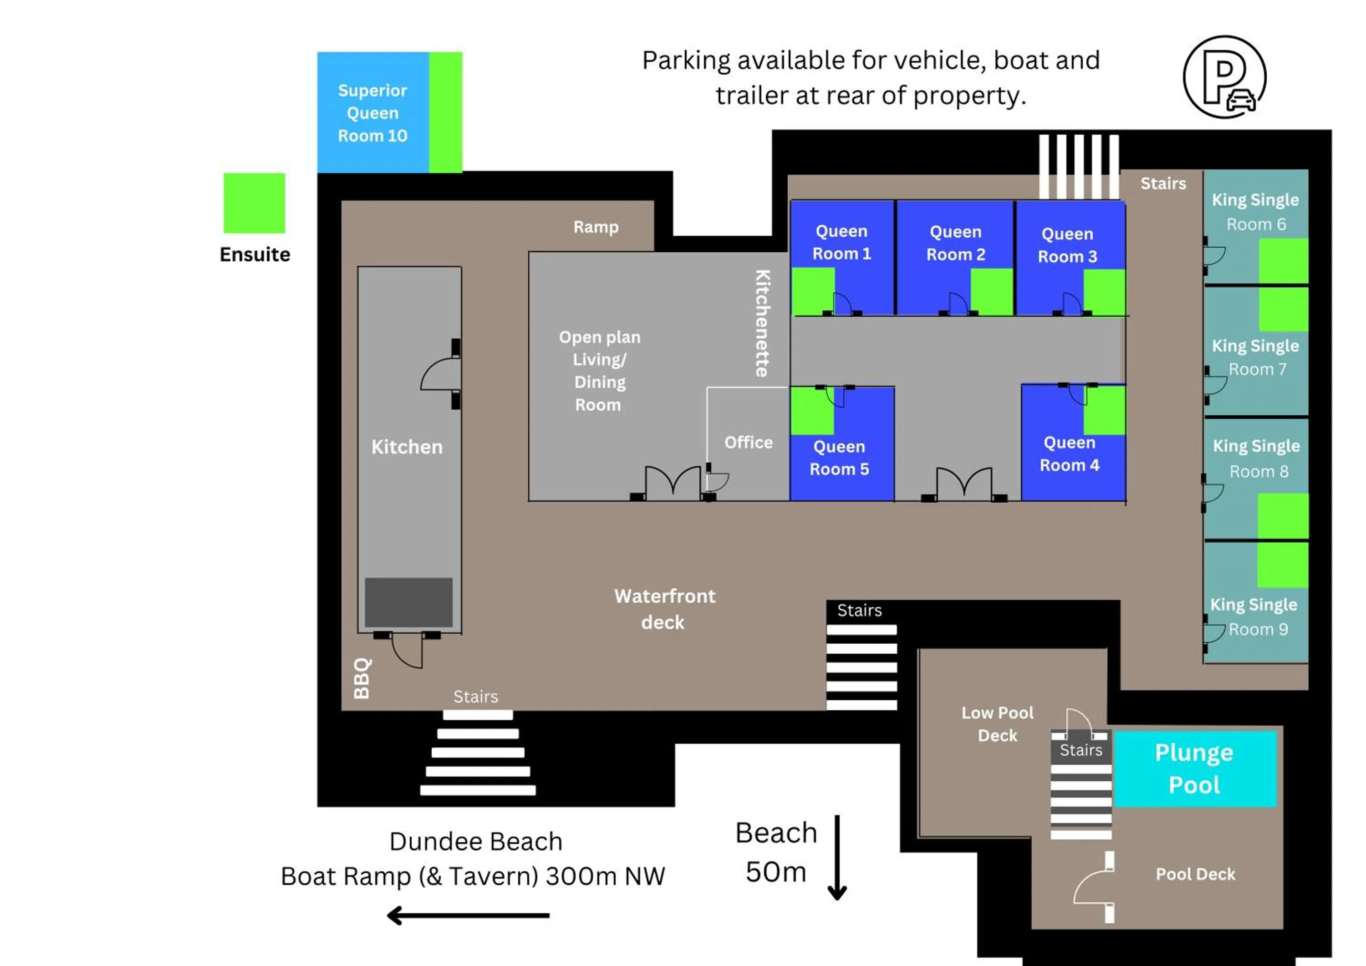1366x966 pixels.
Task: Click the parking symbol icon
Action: pos(1224,77)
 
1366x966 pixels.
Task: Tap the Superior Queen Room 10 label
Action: pos(372,113)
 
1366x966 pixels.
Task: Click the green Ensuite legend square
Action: pos(254,203)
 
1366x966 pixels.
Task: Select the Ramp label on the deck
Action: pos(596,227)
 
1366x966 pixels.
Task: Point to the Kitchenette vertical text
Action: pos(762,324)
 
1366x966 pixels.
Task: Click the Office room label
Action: pos(748,442)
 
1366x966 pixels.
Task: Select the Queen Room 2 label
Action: pos(955,243)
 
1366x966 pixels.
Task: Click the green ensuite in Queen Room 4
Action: pos(1104,410)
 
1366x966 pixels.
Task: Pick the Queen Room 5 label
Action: pos(839,458)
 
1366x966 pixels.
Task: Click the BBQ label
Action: pos(362,678)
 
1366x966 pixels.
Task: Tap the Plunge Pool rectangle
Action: pos(1195,768)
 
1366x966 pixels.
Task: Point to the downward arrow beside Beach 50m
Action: pos(836,857)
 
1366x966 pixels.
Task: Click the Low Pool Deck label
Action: pos(997,723)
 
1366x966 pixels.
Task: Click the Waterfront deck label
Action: pos(664,609)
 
